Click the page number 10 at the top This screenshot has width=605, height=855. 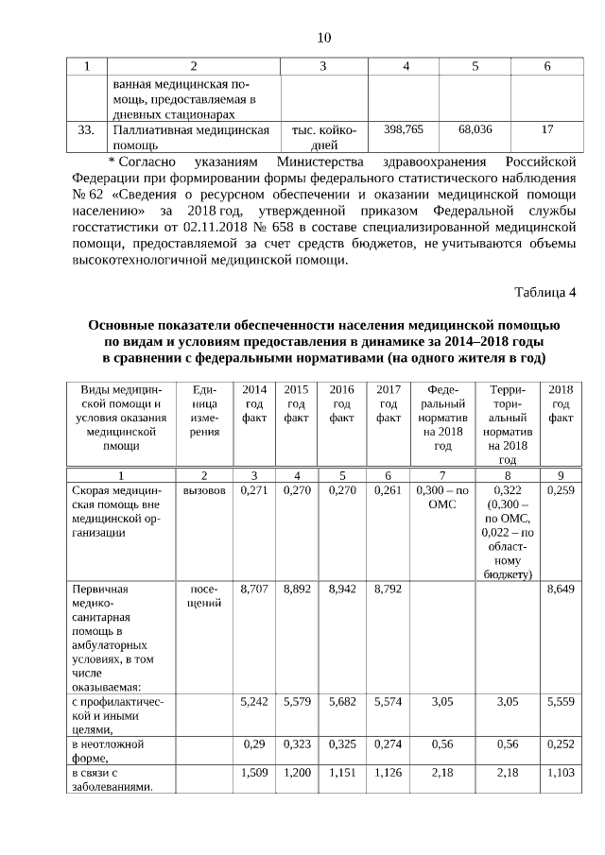[x=323, y=38]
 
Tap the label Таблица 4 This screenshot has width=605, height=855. [x=544, y=290]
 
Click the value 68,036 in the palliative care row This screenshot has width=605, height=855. [x=475, y=128]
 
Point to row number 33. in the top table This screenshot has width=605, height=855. [x=86, y=129]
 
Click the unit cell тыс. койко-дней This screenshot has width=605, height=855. [x=323, y=137]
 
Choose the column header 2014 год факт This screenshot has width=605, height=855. [x=254, y=403]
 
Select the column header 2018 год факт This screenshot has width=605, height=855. [x=561, y=403]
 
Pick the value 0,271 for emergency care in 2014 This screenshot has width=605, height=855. [x=254, y=491]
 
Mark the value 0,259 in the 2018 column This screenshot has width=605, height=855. [x=561, y=491]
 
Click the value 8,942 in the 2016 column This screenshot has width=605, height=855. [x=341, y=589]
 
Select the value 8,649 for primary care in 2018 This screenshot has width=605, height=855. [x=561, y=589]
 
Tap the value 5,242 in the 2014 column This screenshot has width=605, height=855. [x=254, y=702]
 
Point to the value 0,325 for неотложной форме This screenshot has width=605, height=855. [x=341, y=745]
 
